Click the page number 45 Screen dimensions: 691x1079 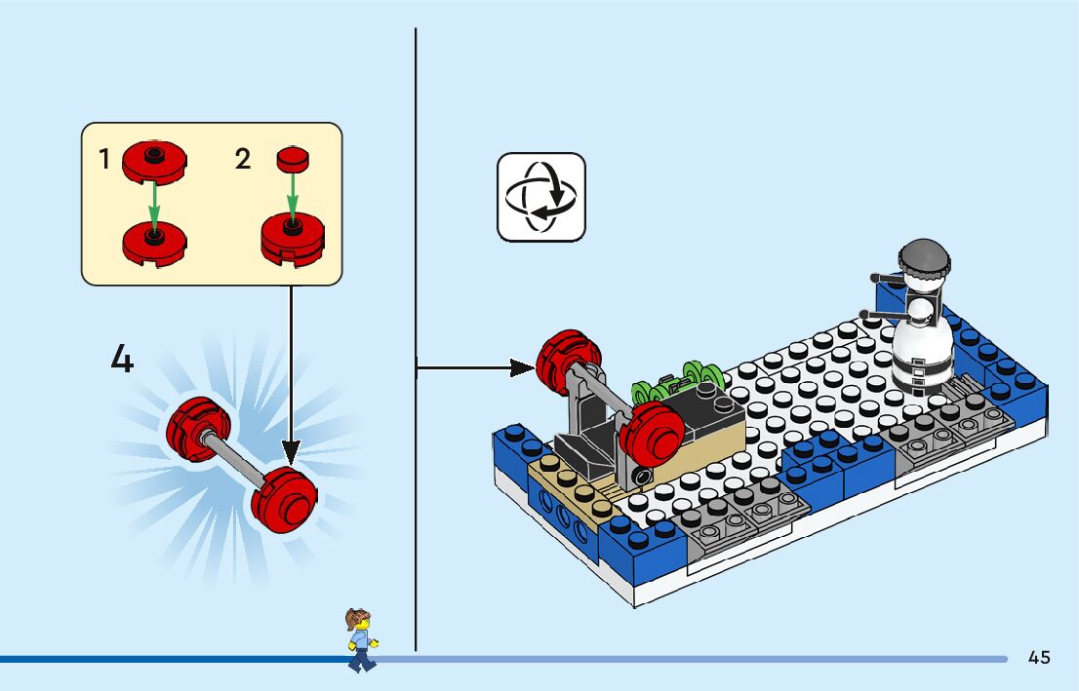pos(1039,657)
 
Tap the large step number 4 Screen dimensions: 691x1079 pos(122,360)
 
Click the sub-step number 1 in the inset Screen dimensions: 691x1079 pos(104,160)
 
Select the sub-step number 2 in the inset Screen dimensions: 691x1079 pos(243,159)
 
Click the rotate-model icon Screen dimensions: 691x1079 pos(541,196)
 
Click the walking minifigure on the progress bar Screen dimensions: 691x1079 pos(360,639)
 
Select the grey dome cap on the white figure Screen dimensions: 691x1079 pos(924,258)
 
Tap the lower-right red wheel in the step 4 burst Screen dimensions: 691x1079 pos(285,494)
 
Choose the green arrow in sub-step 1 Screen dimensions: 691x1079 pos(153,201)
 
